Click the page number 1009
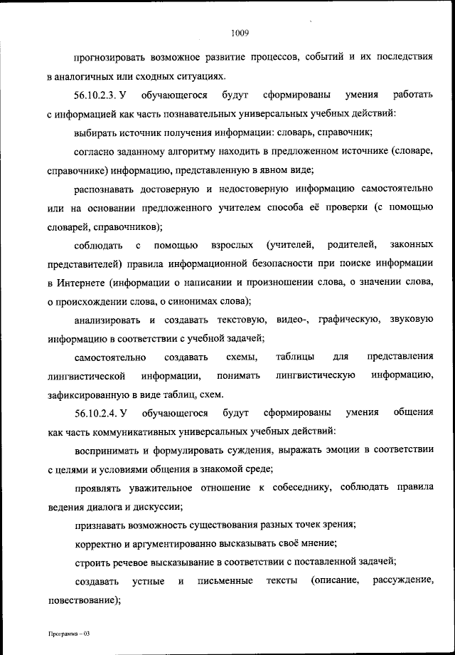[238, 31]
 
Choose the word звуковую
[412, 320]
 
